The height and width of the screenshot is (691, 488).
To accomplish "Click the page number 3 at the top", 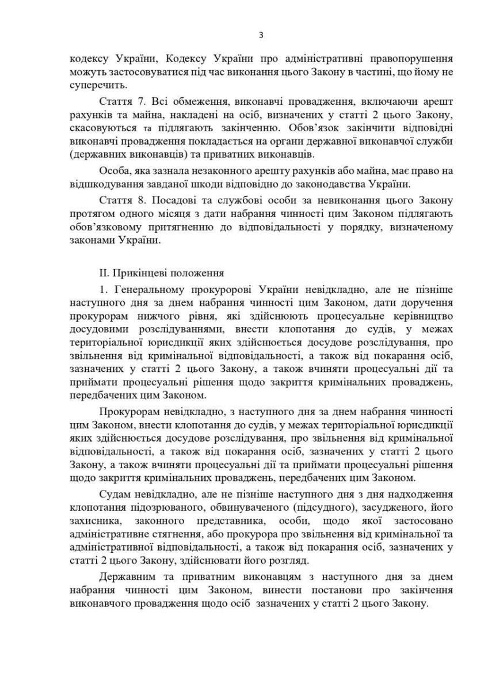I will [261, 35].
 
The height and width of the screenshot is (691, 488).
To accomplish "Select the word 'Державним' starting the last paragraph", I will [124, 576].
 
